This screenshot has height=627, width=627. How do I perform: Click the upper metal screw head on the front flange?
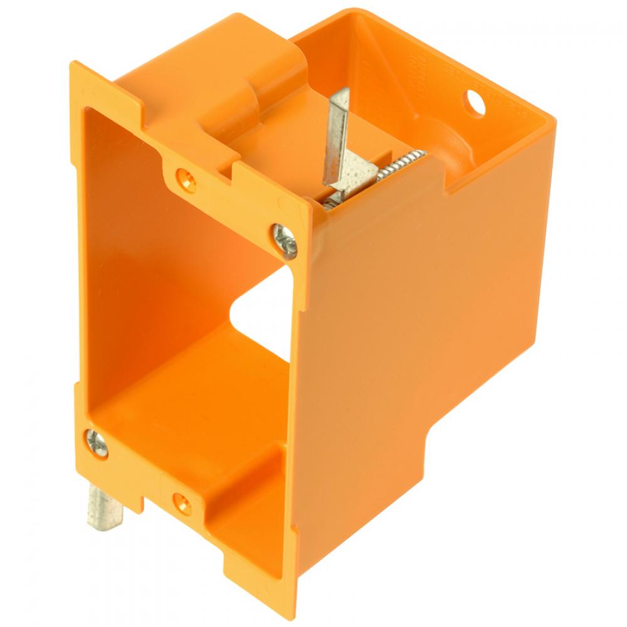286,241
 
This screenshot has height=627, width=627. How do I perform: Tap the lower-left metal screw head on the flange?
97,442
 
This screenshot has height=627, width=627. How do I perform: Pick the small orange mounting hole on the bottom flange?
182,502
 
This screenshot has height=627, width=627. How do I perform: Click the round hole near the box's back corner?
475,101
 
